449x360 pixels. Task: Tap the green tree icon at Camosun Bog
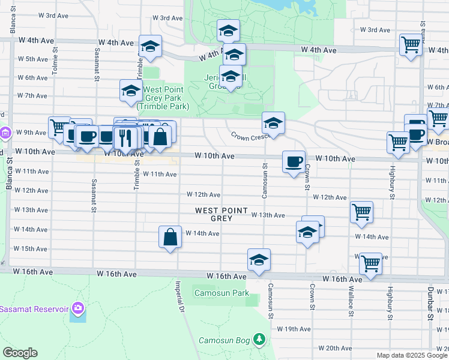tap(259, 340)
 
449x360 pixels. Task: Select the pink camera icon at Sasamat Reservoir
tap(77, 308)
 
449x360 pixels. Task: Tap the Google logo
tap(20, 353)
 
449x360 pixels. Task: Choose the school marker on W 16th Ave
tap(259, 260)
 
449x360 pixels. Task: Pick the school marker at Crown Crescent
tap(273, 123)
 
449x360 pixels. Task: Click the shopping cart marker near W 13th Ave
tap(361, 212)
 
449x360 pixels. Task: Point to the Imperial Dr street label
tap(179, 297)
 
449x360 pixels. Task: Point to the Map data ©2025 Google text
tap(411, 355)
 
